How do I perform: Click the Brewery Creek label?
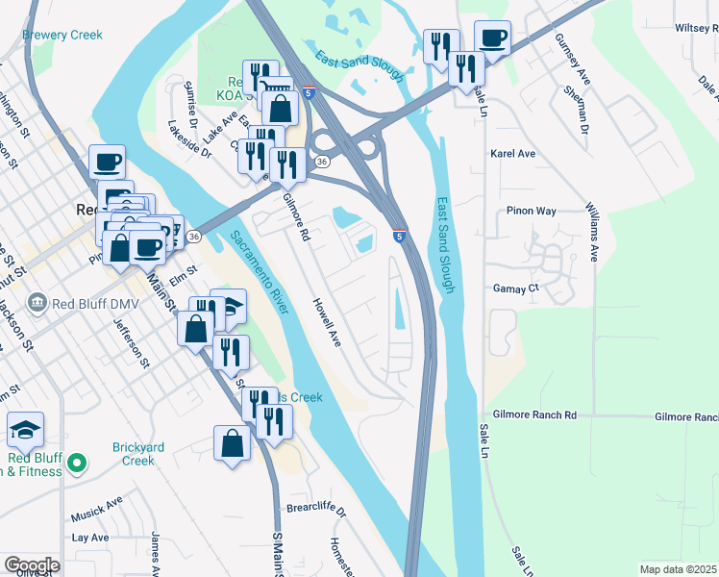click(63, 36)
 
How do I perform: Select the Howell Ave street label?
click(326, 322)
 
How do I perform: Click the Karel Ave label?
click(512, 154)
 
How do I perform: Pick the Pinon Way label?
click(532, 211)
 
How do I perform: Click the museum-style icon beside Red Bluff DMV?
click(37, 304)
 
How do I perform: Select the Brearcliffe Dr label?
click(314, 508)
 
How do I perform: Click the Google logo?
click(32, 565)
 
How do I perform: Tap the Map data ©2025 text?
click(678, 569)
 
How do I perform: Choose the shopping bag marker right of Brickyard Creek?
click(232, 443)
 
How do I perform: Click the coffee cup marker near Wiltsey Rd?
click(492, 38)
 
